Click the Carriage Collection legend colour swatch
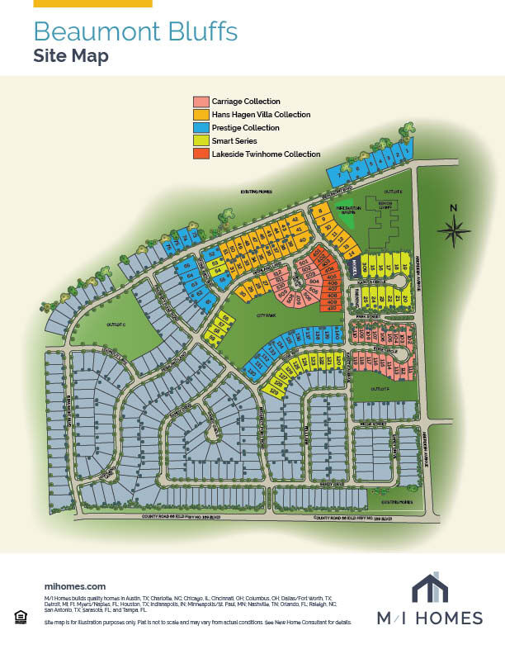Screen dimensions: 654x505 (x=201, y=101)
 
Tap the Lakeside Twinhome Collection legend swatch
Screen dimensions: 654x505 (x=201, y=154)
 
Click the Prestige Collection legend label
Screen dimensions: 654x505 (x=245, y=128)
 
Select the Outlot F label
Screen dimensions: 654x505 (x=380, y=388)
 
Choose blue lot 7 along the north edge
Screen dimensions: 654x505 (x=339, y=175)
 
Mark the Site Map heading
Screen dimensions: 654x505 (x=71, y=56)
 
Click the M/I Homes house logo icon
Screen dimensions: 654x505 (x=430, y=589)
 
